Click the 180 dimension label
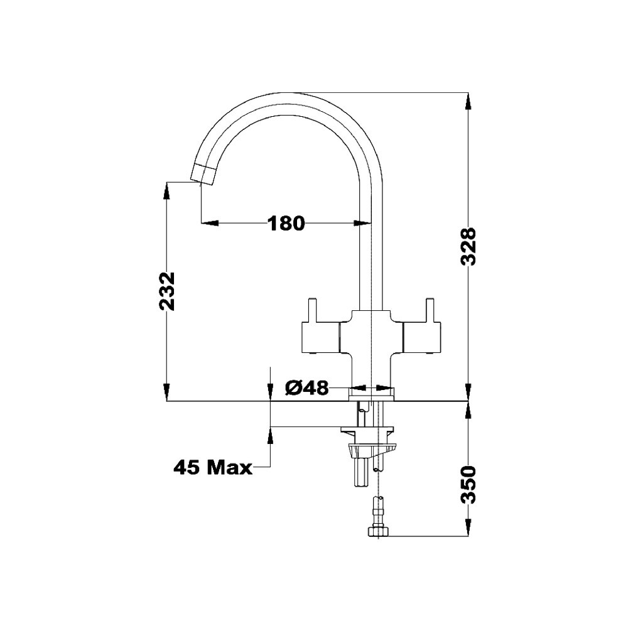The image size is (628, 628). point(286,223)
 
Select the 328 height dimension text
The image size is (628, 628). point(467,246)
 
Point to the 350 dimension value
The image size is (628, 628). point(467,485)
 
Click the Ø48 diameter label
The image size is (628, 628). point(307,387)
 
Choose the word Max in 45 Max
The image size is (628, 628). point(229,467)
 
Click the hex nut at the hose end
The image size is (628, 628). point(378,531)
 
